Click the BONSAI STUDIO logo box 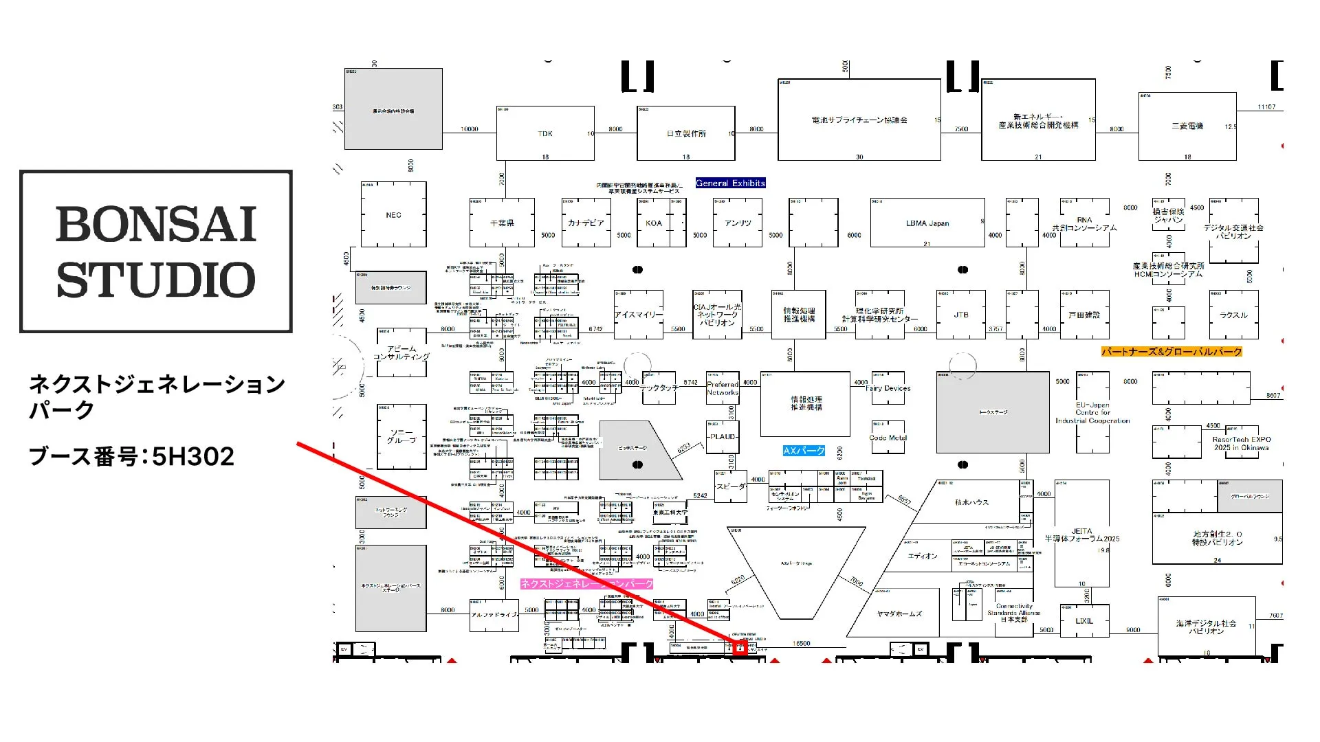156,251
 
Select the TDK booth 545,133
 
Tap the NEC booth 393,215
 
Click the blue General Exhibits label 730,183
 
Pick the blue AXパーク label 804,451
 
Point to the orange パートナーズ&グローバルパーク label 1171,352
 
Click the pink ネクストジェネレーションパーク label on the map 586,584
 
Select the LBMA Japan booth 927,223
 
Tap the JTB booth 960,315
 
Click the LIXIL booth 1084,621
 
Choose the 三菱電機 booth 1187,126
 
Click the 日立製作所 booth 685,133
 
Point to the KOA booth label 653,223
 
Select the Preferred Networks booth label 723,389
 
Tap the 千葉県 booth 502,223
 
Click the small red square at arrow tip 740,648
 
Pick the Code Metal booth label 888,438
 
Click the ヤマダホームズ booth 899,614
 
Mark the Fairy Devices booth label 888,388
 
